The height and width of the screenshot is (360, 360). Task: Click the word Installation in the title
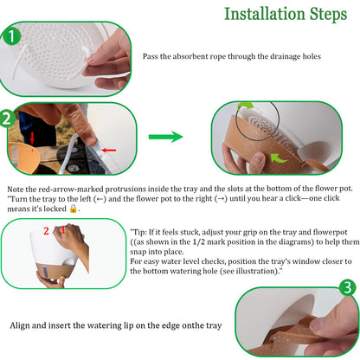coord(265,14)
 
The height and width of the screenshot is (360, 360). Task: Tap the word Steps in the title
coord(328,15)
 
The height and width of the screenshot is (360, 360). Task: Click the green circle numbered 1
coord(11,36)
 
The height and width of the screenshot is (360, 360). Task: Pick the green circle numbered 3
coord(347,287)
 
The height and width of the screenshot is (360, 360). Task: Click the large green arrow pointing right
coord(166,137)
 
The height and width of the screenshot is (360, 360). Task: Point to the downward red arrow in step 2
coord(32,138)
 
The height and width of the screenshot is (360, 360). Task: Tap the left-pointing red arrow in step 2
coord(109,150)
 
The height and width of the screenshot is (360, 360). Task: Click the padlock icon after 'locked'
coord(74,209)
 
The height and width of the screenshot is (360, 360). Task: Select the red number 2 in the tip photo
coord(46,231)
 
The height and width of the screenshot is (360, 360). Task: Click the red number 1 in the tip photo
coord(63,230)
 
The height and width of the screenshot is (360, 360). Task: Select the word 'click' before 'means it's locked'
coord(331,198)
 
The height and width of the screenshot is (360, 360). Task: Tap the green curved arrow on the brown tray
coord(278,157)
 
